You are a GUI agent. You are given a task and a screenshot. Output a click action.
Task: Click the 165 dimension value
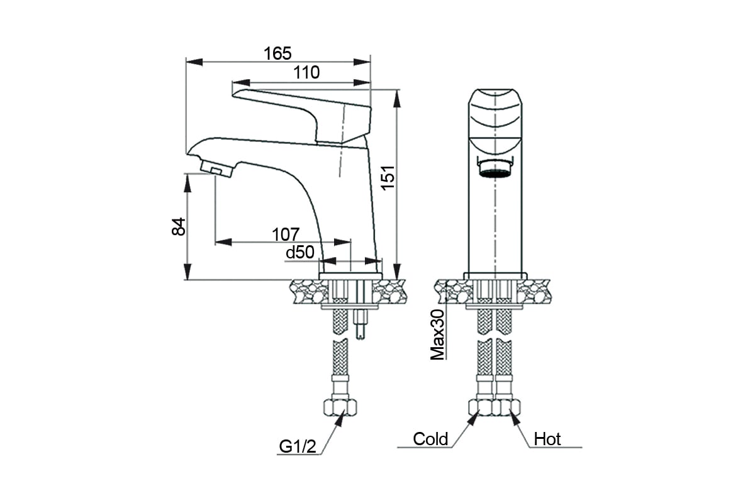(x=277, y=53)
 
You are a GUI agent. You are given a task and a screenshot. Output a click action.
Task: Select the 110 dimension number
(x=306, y=72)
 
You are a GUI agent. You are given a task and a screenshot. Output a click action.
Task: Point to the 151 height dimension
(x=388, y=178)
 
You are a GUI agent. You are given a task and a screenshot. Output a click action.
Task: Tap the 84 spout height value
(x=179, y=226)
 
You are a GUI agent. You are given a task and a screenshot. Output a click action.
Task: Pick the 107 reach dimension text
(x=286, y=235)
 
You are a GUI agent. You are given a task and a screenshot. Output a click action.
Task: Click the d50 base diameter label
(x=300, y=252)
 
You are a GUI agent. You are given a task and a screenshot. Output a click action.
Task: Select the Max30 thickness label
(x=437, y=334)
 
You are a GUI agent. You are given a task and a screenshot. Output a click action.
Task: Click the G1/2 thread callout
(x=298, y=447)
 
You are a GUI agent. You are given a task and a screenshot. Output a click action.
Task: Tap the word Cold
(x=430, y=439)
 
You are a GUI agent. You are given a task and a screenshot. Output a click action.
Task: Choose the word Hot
(x=547, y=439)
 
